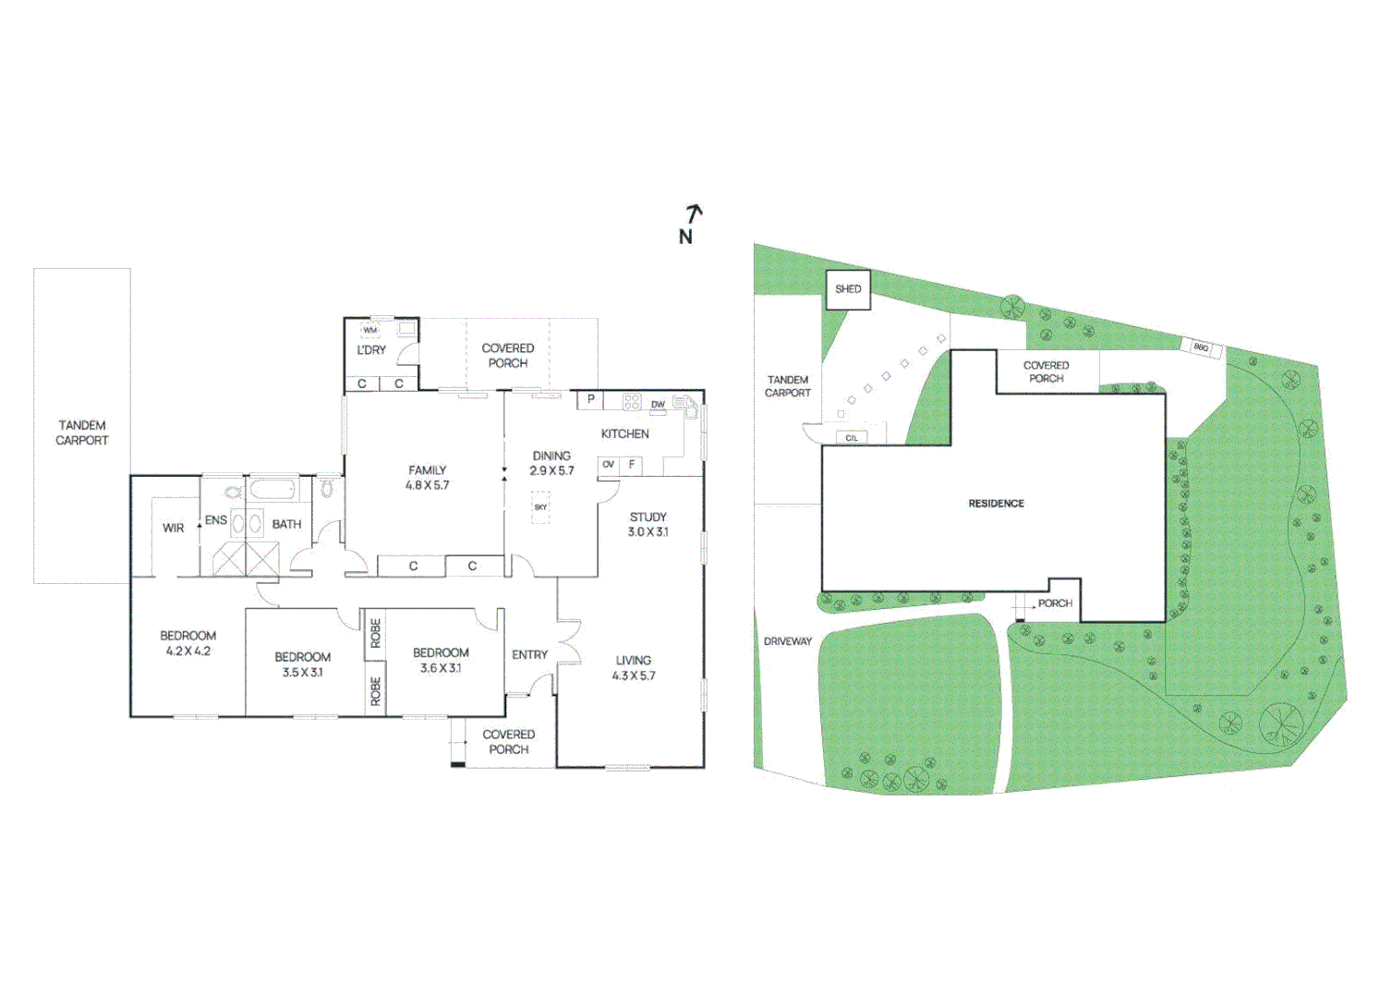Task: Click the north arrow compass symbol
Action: coord(690,224)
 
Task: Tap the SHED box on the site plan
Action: coord(847,289)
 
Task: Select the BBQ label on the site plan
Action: coord(1201,347)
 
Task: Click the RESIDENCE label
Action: coord(996,504)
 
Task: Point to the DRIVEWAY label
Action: coord(787,641)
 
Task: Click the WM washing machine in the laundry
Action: coord(370,330)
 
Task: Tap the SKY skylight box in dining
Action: coord(540,507)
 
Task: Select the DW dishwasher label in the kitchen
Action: coord(658,405)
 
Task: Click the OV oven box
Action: coord(608,465)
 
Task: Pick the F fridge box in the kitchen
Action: coord(632,465)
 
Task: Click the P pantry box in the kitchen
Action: coord(590,400)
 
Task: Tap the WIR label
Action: coord(173,529)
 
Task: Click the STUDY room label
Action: coord(648,517)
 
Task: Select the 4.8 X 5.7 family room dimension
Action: coord(427,485)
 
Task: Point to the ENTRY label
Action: coord(529,655)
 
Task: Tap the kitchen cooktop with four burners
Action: coord(632,401)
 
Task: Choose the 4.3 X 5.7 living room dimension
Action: coord(633,675)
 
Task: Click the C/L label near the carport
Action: coord(851,438)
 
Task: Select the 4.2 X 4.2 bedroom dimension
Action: coord(188,651)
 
